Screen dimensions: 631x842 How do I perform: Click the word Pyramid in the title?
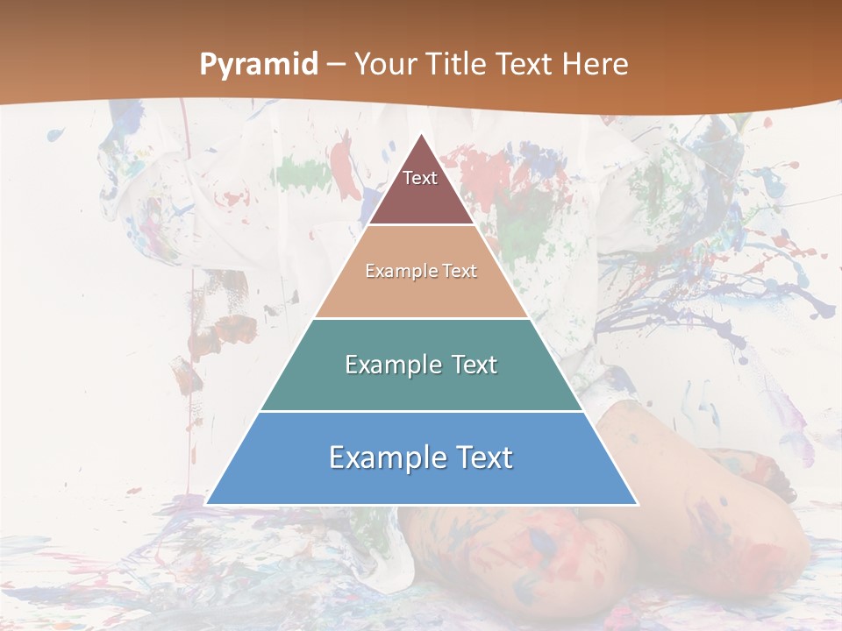click(258, 65)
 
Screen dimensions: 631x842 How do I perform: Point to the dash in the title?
click(336, 65)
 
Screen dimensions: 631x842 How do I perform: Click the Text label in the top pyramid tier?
click(420, 178)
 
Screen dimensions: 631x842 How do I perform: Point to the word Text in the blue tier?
click(482, 457)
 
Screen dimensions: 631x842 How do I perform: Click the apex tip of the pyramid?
click(422, 135)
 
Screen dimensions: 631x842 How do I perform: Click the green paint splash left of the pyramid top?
click(303, 171)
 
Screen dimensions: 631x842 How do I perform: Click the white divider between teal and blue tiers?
click(421, 411)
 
